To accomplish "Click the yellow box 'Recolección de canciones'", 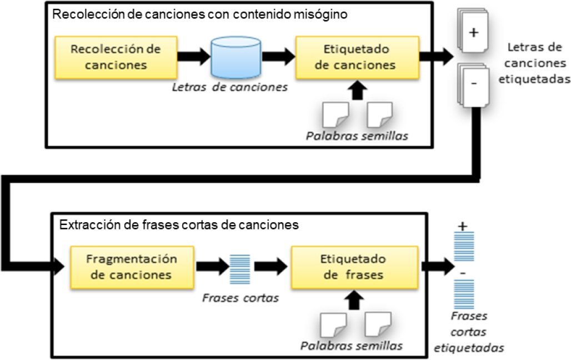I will tap(116, 58).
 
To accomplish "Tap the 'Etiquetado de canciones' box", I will tap(355, 58).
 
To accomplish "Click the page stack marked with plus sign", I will tap(473, 33).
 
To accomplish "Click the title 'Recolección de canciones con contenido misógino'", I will tap(200, 14).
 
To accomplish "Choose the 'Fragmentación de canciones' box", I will tap(132, 267).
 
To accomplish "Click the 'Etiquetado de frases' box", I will tap(353, 267).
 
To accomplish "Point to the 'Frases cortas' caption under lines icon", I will tap(241, 298).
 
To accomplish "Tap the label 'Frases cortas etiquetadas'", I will tap(469, 332).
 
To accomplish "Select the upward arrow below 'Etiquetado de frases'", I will tap(353, 300).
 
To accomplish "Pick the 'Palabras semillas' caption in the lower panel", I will tap(352, 345).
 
